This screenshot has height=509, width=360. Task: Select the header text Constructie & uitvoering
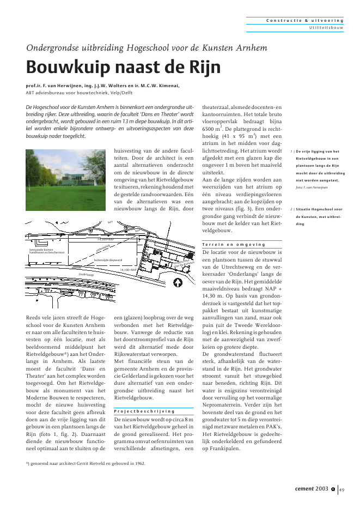click(304, 20)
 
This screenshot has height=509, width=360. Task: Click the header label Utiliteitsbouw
click(326, 27)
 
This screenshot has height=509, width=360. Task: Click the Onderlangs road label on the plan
click(87, 275)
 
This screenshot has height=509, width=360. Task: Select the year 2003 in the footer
click(321, 488)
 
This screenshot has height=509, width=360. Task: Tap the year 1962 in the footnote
click(137, 463)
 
